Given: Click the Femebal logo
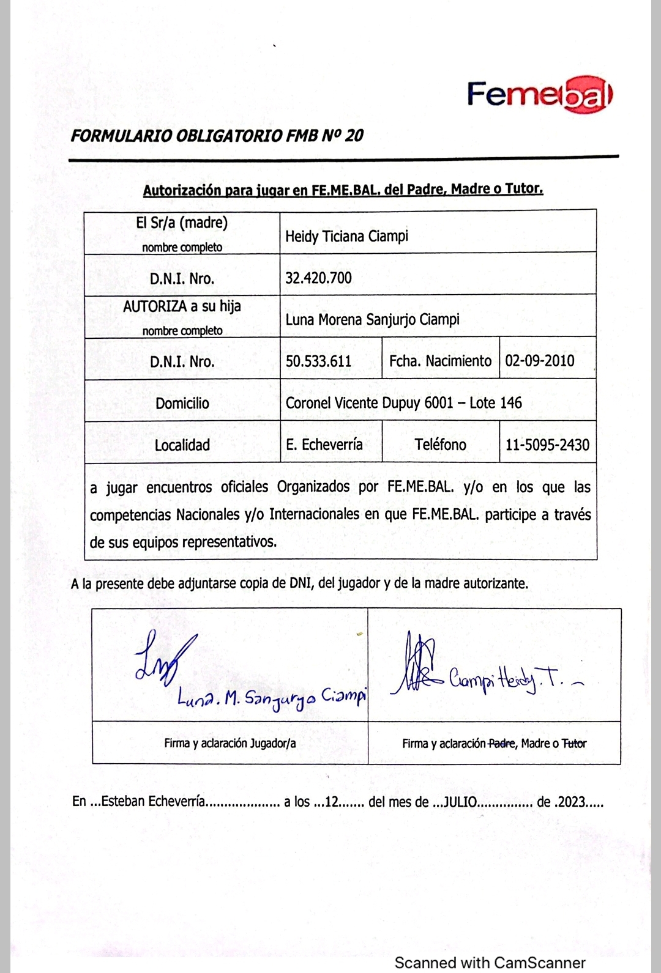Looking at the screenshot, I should [539, 95].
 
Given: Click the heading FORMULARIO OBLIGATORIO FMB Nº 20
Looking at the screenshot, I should [217, 136].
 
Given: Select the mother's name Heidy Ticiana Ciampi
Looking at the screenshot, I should [346, 236].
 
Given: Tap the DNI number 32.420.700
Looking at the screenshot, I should [318, 278].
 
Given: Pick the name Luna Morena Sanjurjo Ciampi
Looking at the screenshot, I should [372, 319].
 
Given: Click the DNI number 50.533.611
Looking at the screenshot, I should [318, 361].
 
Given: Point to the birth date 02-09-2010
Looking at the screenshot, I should [539, 360].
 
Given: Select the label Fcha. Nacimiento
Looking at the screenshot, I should [440, 361].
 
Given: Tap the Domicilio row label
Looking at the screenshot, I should [182, 403].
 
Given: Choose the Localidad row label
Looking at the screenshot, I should [182, 445].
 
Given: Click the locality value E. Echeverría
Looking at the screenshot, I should [324, 444].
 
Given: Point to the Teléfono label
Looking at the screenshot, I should [440, 444].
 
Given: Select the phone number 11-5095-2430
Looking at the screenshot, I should [547, 444].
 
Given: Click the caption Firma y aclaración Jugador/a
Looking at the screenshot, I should [230, 743].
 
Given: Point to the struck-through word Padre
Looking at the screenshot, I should [501, 744].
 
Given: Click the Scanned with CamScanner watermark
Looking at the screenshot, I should [490, 962].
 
